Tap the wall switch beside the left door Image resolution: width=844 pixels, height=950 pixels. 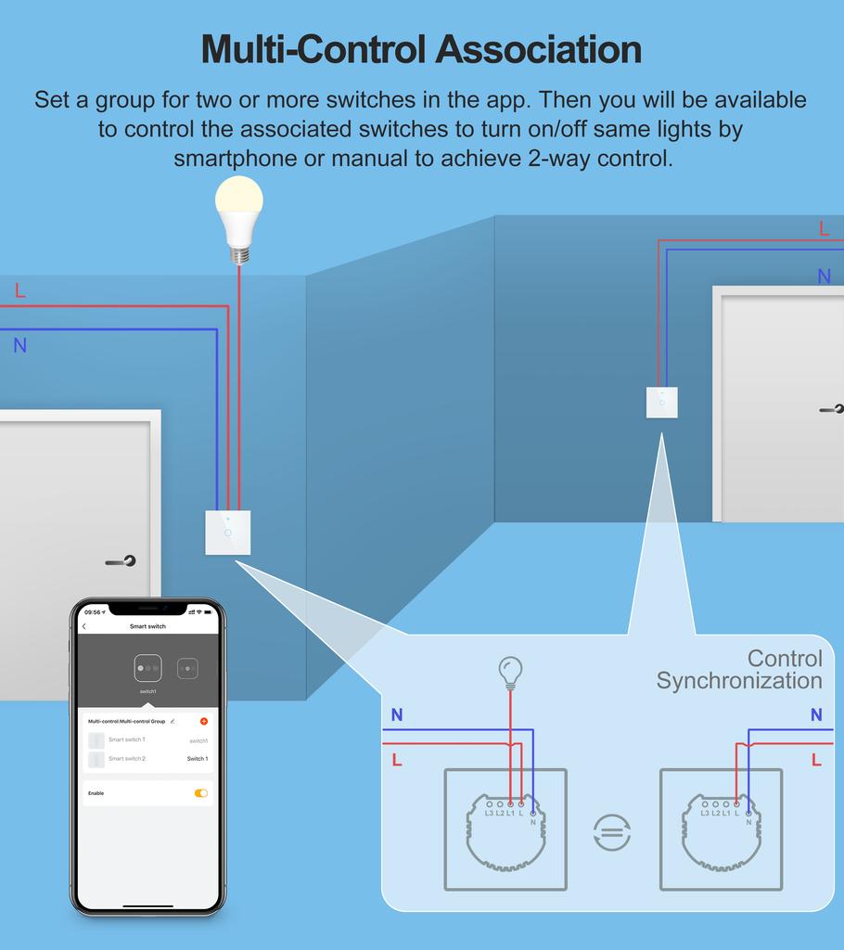coord(228,533)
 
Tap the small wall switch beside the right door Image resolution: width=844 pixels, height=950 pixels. coord(661,403)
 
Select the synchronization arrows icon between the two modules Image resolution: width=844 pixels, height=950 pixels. coord(612,832)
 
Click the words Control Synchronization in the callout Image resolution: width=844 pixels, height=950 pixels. coord(739,670)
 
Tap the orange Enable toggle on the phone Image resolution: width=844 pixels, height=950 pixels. coord(201,793)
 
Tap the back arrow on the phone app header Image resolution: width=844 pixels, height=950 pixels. coord(84,627)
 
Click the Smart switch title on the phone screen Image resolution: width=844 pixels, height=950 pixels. coord(147,627)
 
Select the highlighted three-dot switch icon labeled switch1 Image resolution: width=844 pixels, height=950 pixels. coord(147,668)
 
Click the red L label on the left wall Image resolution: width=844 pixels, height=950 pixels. coord(20,291)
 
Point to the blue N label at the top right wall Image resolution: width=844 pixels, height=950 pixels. coord(824,276)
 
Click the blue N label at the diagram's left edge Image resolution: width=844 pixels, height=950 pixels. coord(397,715)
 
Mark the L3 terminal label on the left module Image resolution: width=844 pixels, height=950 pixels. coord(489,815)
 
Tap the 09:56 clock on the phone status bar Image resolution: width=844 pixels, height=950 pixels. coord(93,612)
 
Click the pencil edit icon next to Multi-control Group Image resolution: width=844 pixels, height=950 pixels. coord(173,721)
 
